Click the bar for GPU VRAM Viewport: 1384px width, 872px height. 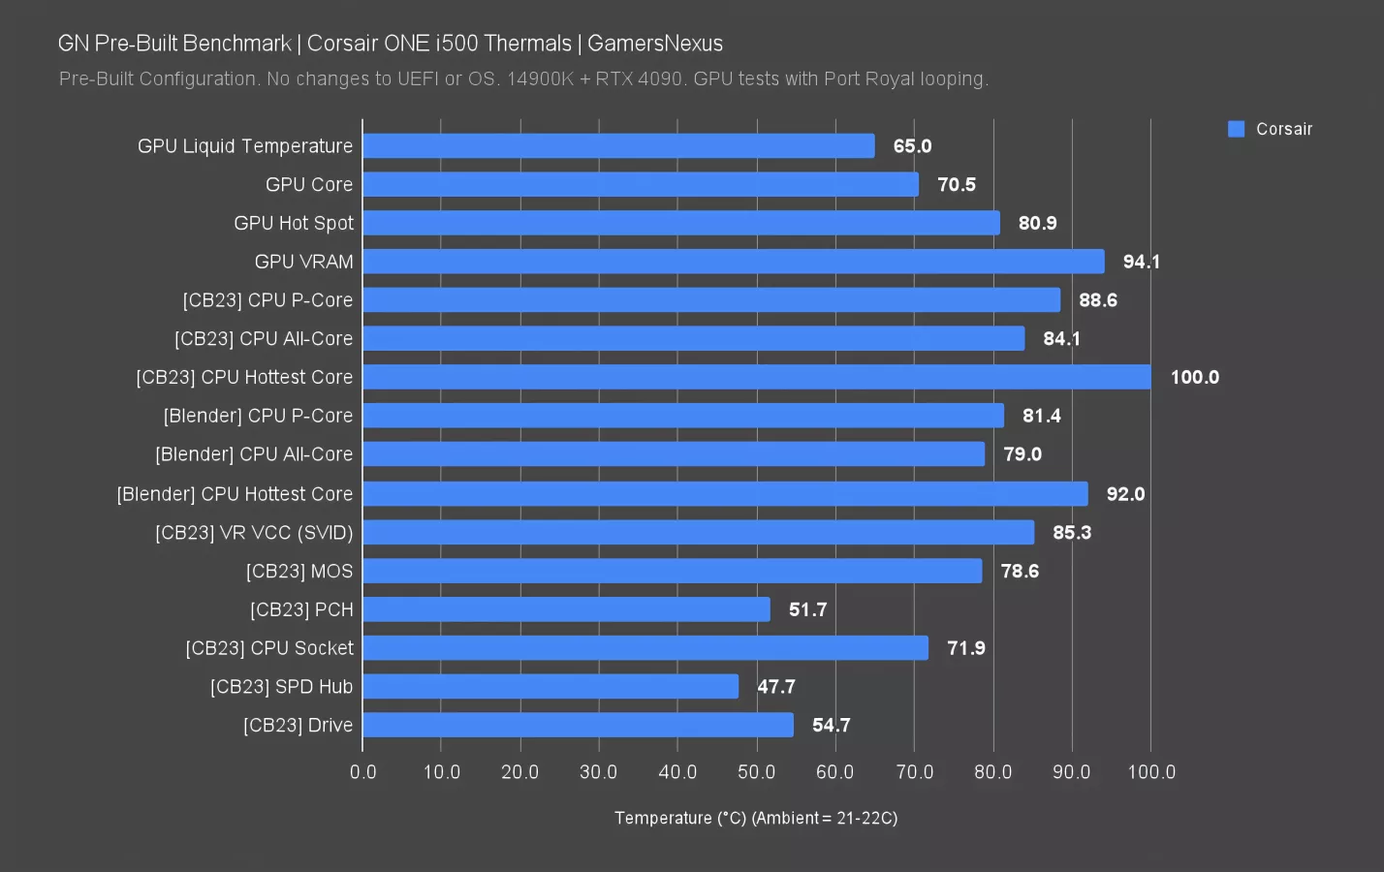[x=734, y=262]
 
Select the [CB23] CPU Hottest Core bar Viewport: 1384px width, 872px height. [x=757, y=377]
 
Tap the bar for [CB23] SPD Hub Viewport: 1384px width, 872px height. [x=550, y=687]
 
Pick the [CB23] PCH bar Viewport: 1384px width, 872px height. [x=566, y=609]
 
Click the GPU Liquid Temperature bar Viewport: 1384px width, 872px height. [x=618, y=146]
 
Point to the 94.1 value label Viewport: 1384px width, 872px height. [x=1141, y=262]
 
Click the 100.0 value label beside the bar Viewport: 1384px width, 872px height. [x=1194, y=377]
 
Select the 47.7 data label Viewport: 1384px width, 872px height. [x=775, y=687]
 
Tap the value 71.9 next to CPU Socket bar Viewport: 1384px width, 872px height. [x=965, y=648]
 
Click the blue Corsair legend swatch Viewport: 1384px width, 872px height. [x=1236, y=129]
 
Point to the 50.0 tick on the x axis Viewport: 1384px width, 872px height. [x=756, y=772]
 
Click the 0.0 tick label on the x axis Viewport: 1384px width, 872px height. [x=363, y=772]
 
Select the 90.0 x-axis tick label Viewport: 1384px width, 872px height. [x=1071, y=772]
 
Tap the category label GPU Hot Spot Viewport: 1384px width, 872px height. [x=294, y=223]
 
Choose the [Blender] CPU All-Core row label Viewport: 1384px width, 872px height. [x=254, y=454]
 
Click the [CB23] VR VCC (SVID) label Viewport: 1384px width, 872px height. [x=254, y=532]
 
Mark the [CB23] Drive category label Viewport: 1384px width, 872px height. [x=298, y=726]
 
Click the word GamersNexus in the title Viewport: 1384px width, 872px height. [x=655, y=44]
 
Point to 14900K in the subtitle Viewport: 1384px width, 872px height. [x=541, y=78]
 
